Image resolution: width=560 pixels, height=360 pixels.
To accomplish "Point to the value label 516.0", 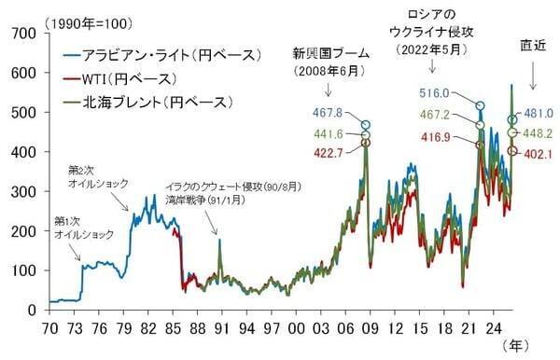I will tap(435, 93).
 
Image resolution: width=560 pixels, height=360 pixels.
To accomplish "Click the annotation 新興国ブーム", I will tap(331, 52).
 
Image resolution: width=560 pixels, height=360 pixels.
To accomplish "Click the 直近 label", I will tap(533, 45).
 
